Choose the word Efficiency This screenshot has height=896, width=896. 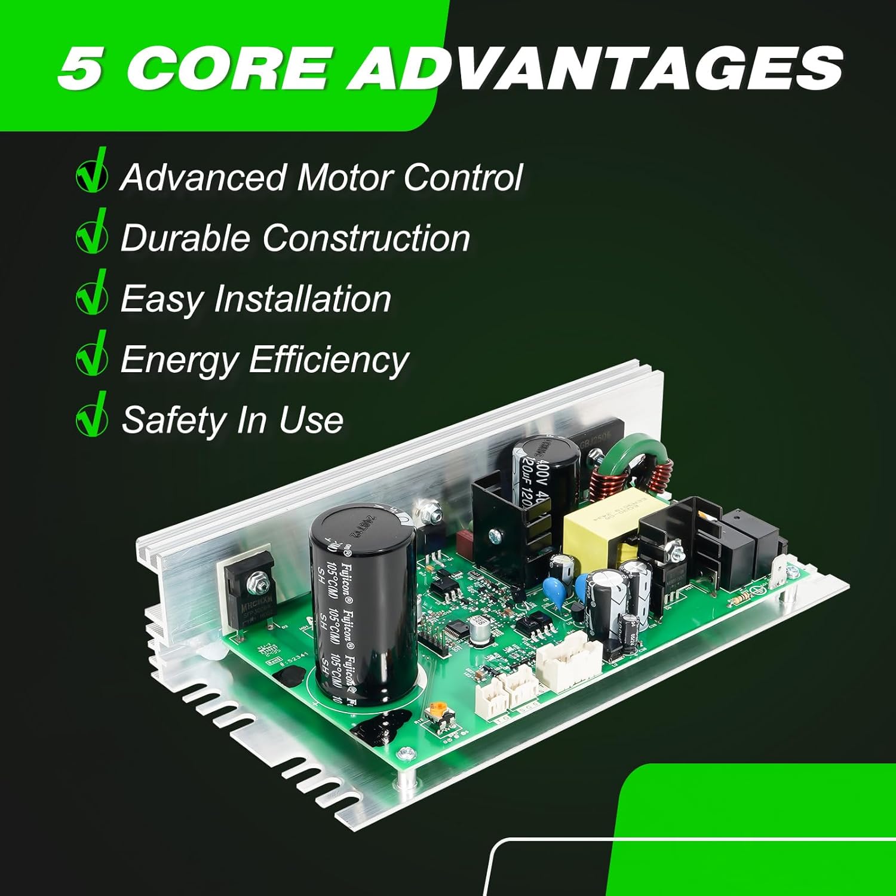[328, 360]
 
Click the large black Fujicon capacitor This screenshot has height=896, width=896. [362, 603]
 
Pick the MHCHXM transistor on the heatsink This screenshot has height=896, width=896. [248, 591]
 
